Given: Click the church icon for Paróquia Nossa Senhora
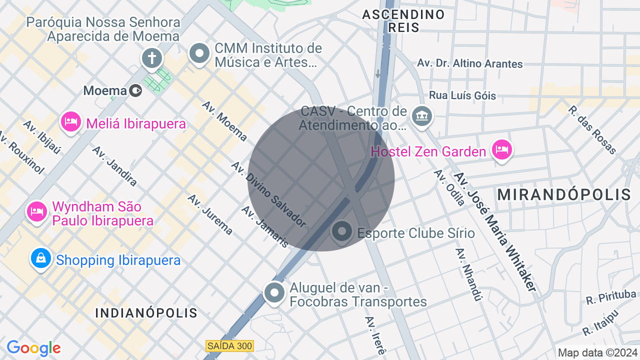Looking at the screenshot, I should (x=151, y=58).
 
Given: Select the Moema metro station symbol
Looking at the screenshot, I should (x=135, y=90).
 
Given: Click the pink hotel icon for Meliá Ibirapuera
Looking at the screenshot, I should (x=71, y=121).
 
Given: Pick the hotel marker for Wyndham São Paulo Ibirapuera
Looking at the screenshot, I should (x=37, y=211).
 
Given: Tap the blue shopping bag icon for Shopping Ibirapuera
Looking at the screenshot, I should (x=41, y=258).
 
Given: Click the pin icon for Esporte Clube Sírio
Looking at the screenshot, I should (x=342, y=231).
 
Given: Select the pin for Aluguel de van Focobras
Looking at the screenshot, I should (x=274, y=292).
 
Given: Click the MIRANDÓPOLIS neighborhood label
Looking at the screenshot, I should (x=564, y=194).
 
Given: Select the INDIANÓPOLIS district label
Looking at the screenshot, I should (x=146, y=313).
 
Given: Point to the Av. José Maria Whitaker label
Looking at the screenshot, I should (x=495, y=232).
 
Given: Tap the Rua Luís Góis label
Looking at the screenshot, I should (x=462, y=95).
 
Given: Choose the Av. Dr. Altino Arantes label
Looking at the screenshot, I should (x=469, y=63).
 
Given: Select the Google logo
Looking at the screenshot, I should (x=33, y=348).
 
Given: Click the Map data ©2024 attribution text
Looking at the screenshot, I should (x=597, y=352).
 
